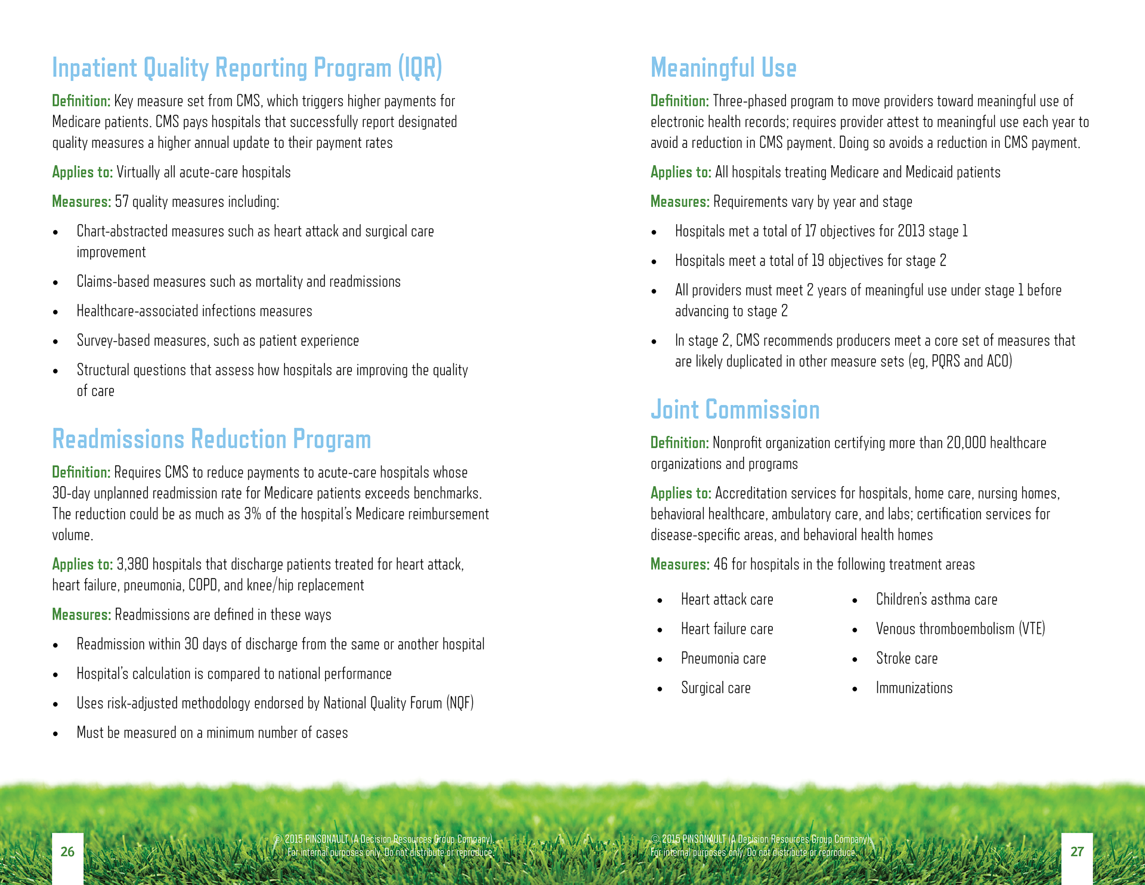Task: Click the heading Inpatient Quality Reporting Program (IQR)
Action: pos(247,68)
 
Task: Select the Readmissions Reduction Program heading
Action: pos(212,440)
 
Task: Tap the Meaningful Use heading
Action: pos(723,68)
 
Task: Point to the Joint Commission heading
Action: pos(735,410)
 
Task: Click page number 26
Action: pos(67,852)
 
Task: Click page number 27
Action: pos(1076,852)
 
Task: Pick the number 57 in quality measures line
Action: pos(122,202)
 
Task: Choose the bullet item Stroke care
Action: pos(906,658)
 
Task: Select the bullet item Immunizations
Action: pos(914,688)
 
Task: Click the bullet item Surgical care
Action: pos(716,688)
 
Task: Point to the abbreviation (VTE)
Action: pos(1032,629)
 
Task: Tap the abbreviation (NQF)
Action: pos(460,703)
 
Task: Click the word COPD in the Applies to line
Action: pos(203,585)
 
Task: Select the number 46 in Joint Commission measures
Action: pos(720,564)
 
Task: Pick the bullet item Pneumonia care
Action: pos(723,658)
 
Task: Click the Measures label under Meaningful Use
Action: pos(680,202)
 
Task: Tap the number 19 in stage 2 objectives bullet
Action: pos(818,261)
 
